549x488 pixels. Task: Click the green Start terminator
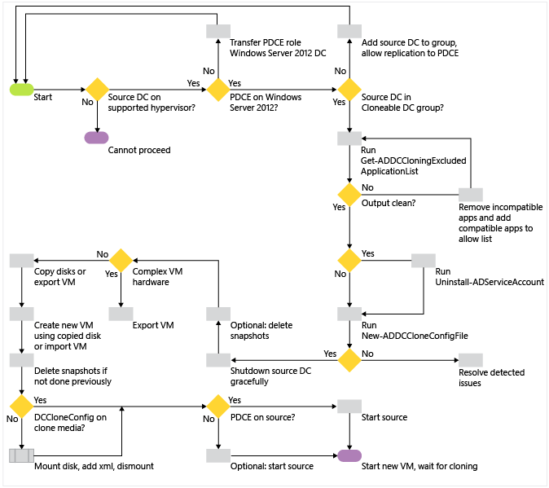[x=21, y=89]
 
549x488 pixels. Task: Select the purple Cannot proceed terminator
[x=97, y=137]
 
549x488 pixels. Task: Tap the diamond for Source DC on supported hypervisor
[x=97, y=89]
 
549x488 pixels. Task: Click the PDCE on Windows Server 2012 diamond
[x=218, y=89]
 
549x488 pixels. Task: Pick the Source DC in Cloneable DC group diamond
[x=349, y=89]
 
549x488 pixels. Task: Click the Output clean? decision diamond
[x=349, y=195]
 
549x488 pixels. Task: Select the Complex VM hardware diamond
[x=121, y=260]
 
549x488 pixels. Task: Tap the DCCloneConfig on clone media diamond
[x=21, y=406]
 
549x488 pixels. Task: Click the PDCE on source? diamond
[x=218, y=406]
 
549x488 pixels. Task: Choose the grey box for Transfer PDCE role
[x=218, y=31]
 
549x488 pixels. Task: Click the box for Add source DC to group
[x=349, y=31]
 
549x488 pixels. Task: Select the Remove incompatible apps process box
[x=471, y=195]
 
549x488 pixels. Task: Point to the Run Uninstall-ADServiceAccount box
[x=424, y=260]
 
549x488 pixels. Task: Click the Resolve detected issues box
[x=471, y=360]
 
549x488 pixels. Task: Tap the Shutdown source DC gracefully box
[x=218, y=360]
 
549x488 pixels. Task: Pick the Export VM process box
[x=121, y=313]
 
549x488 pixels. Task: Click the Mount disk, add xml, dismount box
[x=21, y=455]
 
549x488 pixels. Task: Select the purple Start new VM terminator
[x=349, y=455]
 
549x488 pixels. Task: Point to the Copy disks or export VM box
[x=21, y=260]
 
